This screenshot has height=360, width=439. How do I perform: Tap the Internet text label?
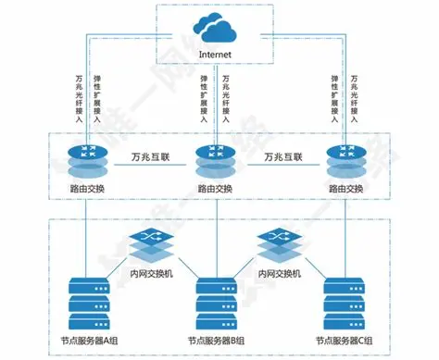click(218, 55)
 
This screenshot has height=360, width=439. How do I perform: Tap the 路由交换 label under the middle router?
click(216, 189)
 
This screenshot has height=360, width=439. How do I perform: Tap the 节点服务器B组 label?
click(215, 341)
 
